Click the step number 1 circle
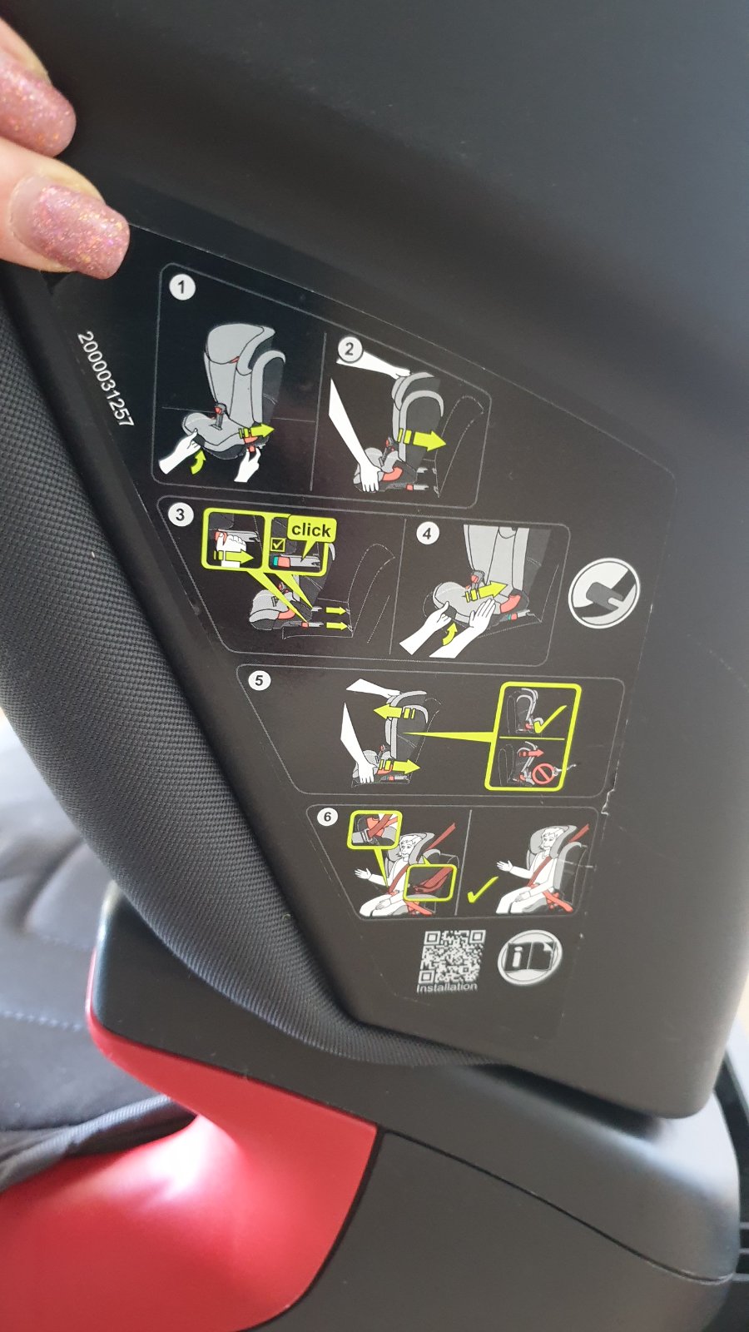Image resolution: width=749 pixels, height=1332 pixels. (182, 288)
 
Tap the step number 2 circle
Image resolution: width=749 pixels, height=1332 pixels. (349, 349)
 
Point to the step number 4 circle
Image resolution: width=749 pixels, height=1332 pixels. (427, 534)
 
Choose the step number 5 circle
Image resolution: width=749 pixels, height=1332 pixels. (259, 680)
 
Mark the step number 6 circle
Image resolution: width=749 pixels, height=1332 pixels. (327, 817)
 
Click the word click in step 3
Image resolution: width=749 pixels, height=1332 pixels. (311, 529)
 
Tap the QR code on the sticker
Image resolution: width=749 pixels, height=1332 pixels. (454, 957)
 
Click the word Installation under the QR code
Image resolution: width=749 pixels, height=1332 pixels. (447, 988)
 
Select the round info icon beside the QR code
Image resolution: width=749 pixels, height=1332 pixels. (529, 957)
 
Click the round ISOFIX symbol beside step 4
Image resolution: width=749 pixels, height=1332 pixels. (603, 593)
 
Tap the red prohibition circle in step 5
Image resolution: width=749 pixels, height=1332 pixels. (542, 774)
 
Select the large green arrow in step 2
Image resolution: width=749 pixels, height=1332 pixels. (421, 440)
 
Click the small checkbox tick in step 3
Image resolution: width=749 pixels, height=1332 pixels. (277, 544)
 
